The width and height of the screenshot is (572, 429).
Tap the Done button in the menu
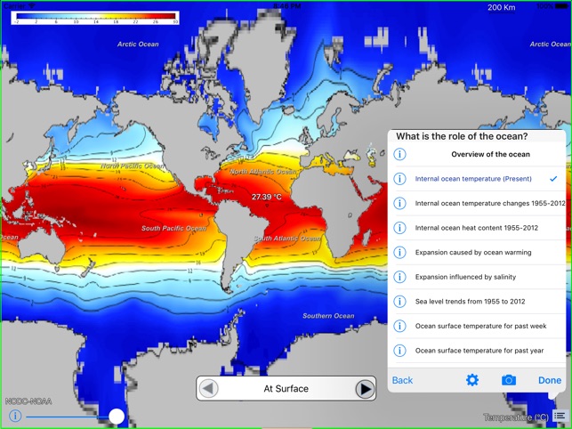549,380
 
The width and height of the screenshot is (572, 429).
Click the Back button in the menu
402,380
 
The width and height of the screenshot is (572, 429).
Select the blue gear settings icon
472,380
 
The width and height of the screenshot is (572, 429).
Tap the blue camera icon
508,380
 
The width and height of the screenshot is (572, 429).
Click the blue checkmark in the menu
553,179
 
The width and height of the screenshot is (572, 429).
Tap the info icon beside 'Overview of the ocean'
399,154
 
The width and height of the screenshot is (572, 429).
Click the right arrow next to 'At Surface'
365,389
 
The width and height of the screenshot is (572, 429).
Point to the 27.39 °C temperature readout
266,197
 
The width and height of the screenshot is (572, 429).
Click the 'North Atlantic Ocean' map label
263,171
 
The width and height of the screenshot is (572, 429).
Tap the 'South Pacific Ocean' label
175,229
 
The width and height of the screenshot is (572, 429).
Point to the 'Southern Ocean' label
328,316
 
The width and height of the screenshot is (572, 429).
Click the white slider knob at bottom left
117,416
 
